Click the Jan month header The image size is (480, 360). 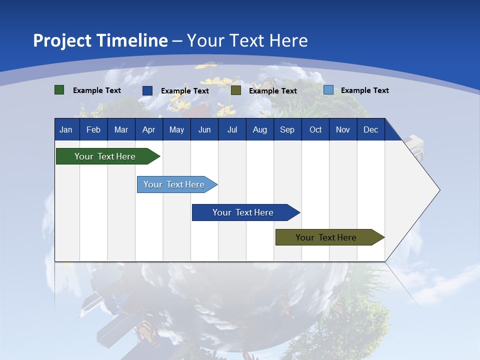click(x=66, y=129)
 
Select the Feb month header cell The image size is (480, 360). click(x=93, y=129)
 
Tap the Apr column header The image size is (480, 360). click(x=148, y=129)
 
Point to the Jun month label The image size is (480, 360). click(x=204, y=129)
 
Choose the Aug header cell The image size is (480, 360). click(x=259, y=129)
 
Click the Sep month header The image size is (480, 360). click(x=287, y=129)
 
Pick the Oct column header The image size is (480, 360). click(x=315, y=129)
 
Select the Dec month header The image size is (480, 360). click(x=370, y=129)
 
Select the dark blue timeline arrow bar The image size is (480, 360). click(x=243, y=212)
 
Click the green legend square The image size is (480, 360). click(x=59, y=90)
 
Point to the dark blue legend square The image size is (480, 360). click(x=147, y=90)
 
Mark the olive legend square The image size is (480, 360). click(x=236, y=90)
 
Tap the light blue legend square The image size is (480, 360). click(x=328, y=90)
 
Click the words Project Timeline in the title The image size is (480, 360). click(x=100, y=40)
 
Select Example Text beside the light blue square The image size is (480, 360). click(x=364, y=90)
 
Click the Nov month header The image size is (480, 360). click(x=343, y=129)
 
